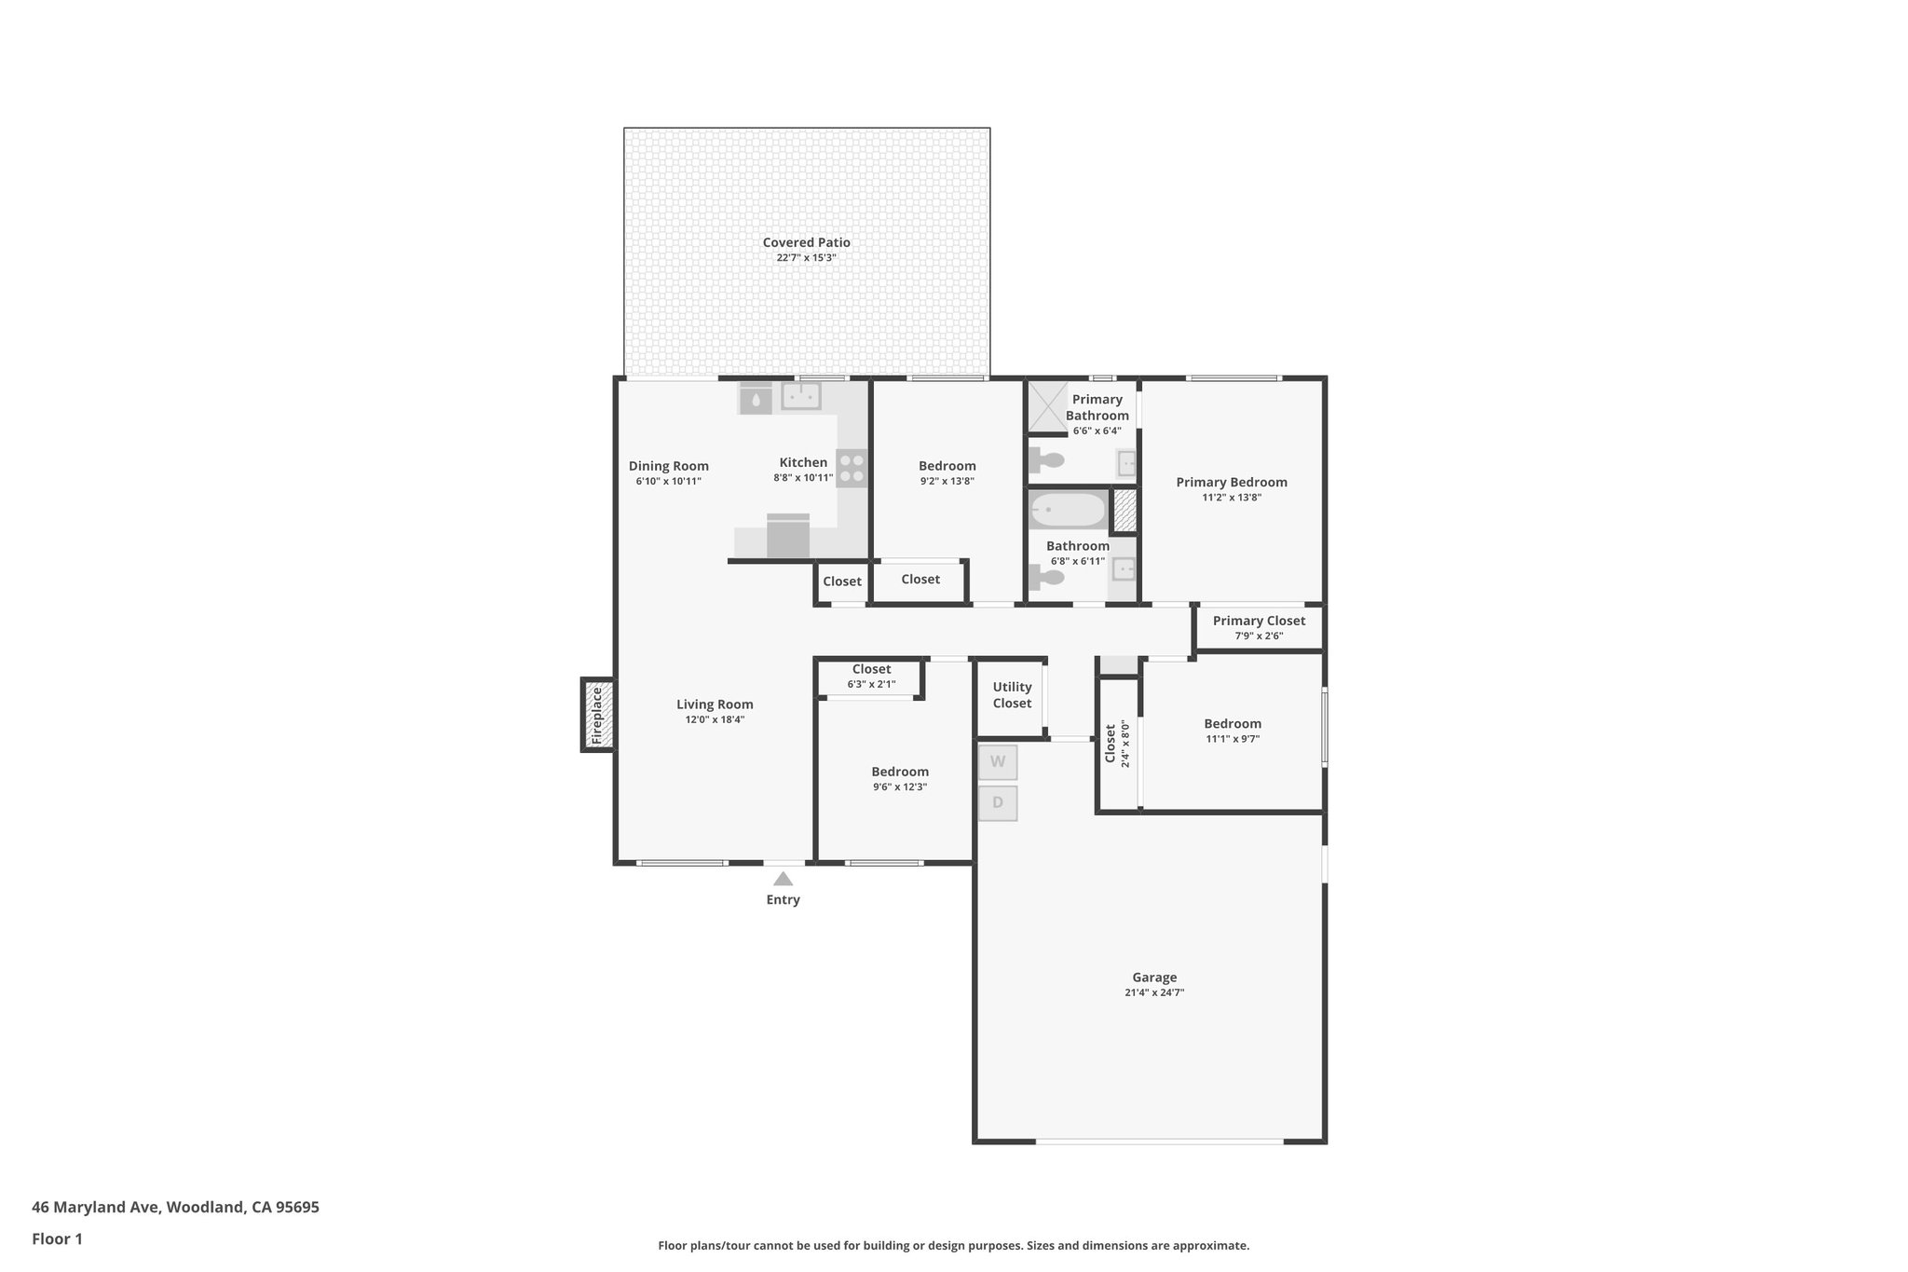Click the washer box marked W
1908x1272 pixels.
click(998, 761)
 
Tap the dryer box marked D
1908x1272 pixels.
click(998, 802)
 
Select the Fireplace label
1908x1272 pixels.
click(597, 715)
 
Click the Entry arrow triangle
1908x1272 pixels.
click(783, 879)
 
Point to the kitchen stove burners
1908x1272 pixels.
click(852, 468)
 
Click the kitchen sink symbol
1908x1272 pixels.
click(800, 396)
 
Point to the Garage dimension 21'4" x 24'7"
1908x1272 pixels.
click(1154, 992)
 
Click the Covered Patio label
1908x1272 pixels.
click(806, 242)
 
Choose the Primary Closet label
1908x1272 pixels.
click(1259, 621)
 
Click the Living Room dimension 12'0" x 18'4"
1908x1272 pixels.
click(715, 719)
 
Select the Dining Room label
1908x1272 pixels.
click(668, 466)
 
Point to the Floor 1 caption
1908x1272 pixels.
click(57, 1238)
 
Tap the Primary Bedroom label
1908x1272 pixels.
click(1231, 482)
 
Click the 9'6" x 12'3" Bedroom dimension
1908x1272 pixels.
click(899, 786)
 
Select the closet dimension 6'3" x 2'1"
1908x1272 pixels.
click(871, 684)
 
